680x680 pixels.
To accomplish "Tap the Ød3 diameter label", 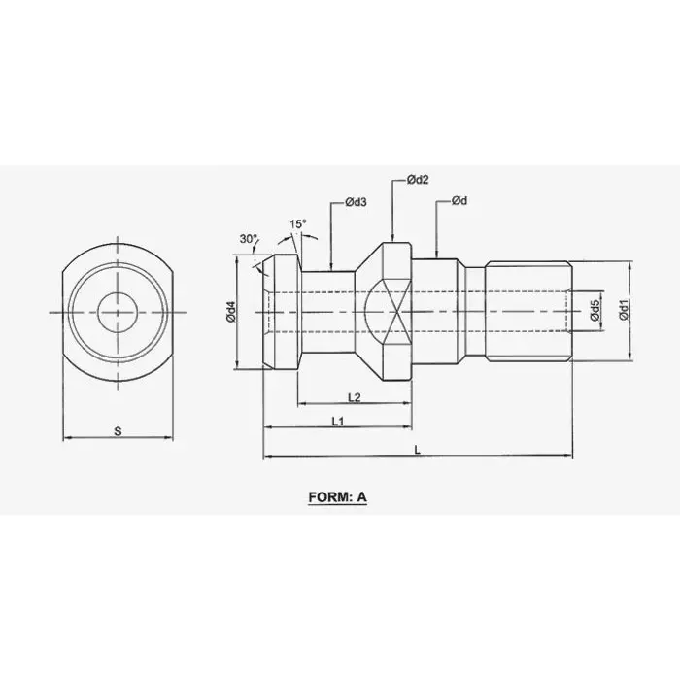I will point(355,202).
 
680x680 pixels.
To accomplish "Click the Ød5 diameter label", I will point(595,312).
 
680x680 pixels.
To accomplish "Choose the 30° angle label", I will point(249,239).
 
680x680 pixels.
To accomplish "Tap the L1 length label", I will point(337,421).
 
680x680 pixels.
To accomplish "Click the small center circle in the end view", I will point(117,312).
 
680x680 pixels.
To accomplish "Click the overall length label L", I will point(418,449).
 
